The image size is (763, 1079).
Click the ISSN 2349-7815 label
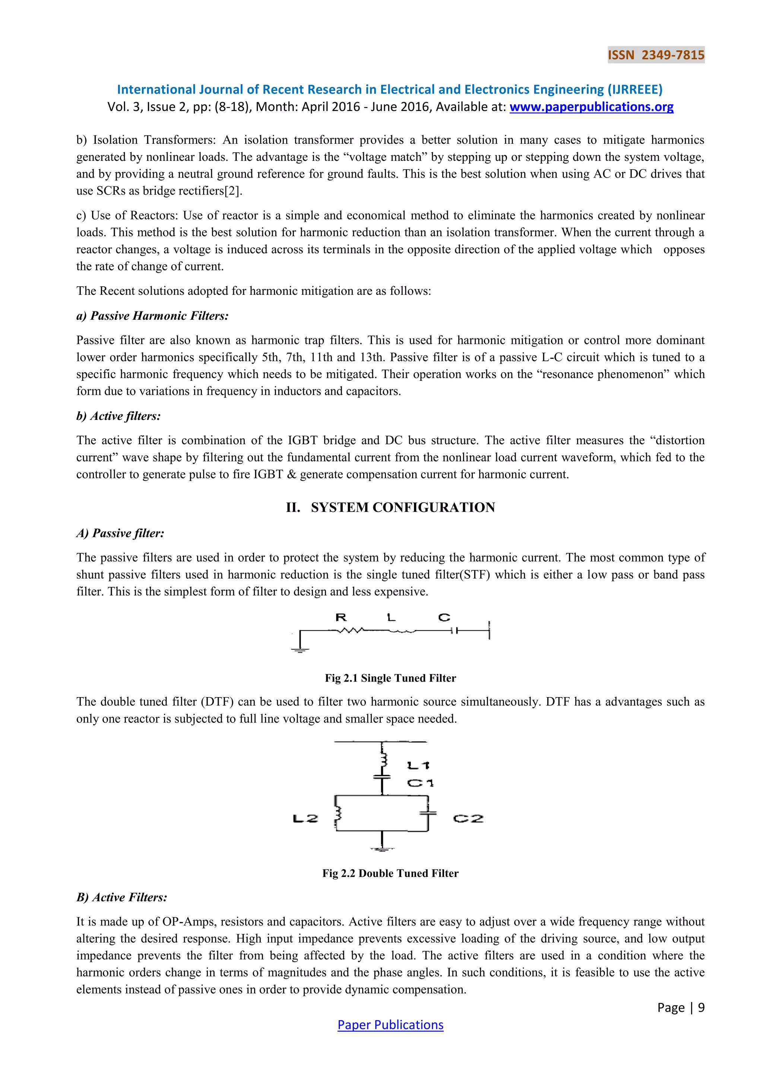[x=655, y=55]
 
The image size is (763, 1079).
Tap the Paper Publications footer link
[x=390, y=1025]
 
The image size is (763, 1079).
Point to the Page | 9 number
[x=680, y=1007]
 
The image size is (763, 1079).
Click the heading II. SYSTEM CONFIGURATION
[x=390, y=507]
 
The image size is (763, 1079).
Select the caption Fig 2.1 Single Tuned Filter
[x=390, y=678]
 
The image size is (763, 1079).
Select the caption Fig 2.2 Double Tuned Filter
[x=390, y=873]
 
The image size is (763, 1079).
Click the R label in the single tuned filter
[x=341, y=617]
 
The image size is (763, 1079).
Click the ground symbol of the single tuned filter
[x=300, y=650]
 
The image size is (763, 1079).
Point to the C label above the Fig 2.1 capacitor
[x=444, y=617]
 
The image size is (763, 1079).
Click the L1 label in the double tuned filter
[x=418, y=766]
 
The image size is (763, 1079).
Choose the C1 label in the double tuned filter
[x=420, y=783]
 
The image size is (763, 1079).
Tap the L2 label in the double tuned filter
[x=305, y=819]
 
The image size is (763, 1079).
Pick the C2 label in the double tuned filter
[x=468, y=819]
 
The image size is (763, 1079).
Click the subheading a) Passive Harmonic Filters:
[x=152, y=316]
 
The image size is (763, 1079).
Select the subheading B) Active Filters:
[x=122, y=897]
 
